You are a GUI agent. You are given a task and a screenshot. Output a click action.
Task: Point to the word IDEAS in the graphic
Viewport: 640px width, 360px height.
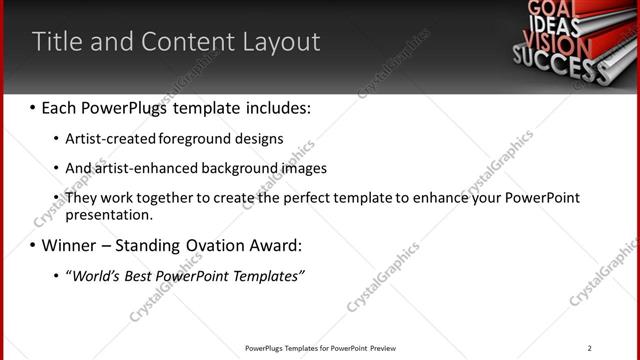[x=551, y=22]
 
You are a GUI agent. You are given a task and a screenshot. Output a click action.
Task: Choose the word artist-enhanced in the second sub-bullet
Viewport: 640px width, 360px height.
[x=143, y=168]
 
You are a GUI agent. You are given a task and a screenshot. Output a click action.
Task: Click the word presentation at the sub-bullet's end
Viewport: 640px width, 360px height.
[x=108, y=214]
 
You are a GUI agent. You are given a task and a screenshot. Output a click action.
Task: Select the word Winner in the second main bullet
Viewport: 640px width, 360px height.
[x=71, y=245]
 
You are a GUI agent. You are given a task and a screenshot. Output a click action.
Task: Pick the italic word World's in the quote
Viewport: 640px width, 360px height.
[x=99, y=276]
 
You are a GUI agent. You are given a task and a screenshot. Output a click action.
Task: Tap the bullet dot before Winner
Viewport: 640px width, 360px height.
[x=33, y=245]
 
